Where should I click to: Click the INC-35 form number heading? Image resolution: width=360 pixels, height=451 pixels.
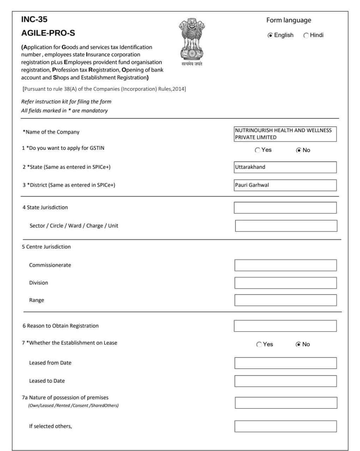34,20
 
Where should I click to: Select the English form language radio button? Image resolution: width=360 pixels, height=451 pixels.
270,35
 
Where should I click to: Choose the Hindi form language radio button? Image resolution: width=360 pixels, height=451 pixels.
306,35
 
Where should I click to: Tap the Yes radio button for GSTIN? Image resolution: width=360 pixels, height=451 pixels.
257,150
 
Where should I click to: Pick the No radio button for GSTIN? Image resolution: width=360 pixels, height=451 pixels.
299,150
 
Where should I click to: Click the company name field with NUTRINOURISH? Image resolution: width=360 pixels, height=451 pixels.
285,134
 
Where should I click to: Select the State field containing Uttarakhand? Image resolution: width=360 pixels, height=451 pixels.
285,167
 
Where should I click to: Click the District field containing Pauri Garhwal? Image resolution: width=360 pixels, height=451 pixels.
285,185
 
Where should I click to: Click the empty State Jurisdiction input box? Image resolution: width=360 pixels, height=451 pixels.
285,208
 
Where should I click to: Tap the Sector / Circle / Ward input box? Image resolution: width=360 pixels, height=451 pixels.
286,226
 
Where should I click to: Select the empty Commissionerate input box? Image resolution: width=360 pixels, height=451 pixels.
285,265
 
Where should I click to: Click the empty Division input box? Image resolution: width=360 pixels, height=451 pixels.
285,283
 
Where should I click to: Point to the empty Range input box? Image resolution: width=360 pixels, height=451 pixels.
285,300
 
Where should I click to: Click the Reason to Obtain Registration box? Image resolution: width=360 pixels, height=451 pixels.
285,326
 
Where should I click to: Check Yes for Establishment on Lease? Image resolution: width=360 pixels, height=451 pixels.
259,345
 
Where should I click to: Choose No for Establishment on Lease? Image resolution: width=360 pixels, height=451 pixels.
298,345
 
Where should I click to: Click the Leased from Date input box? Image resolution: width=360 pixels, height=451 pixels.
285,363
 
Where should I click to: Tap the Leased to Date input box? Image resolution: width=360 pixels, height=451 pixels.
285,381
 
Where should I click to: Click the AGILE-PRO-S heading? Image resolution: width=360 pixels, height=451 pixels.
48,33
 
